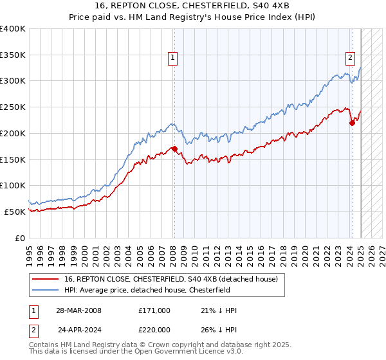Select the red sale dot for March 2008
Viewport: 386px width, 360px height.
pos(174,149)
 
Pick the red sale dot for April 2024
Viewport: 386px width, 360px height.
pos(352,123)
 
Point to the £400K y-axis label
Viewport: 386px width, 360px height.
pos(13,29)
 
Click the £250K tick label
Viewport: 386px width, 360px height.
pos(13,107)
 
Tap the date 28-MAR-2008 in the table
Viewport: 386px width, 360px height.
pos(78,310)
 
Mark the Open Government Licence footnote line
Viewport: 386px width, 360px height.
pos(136,352)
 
